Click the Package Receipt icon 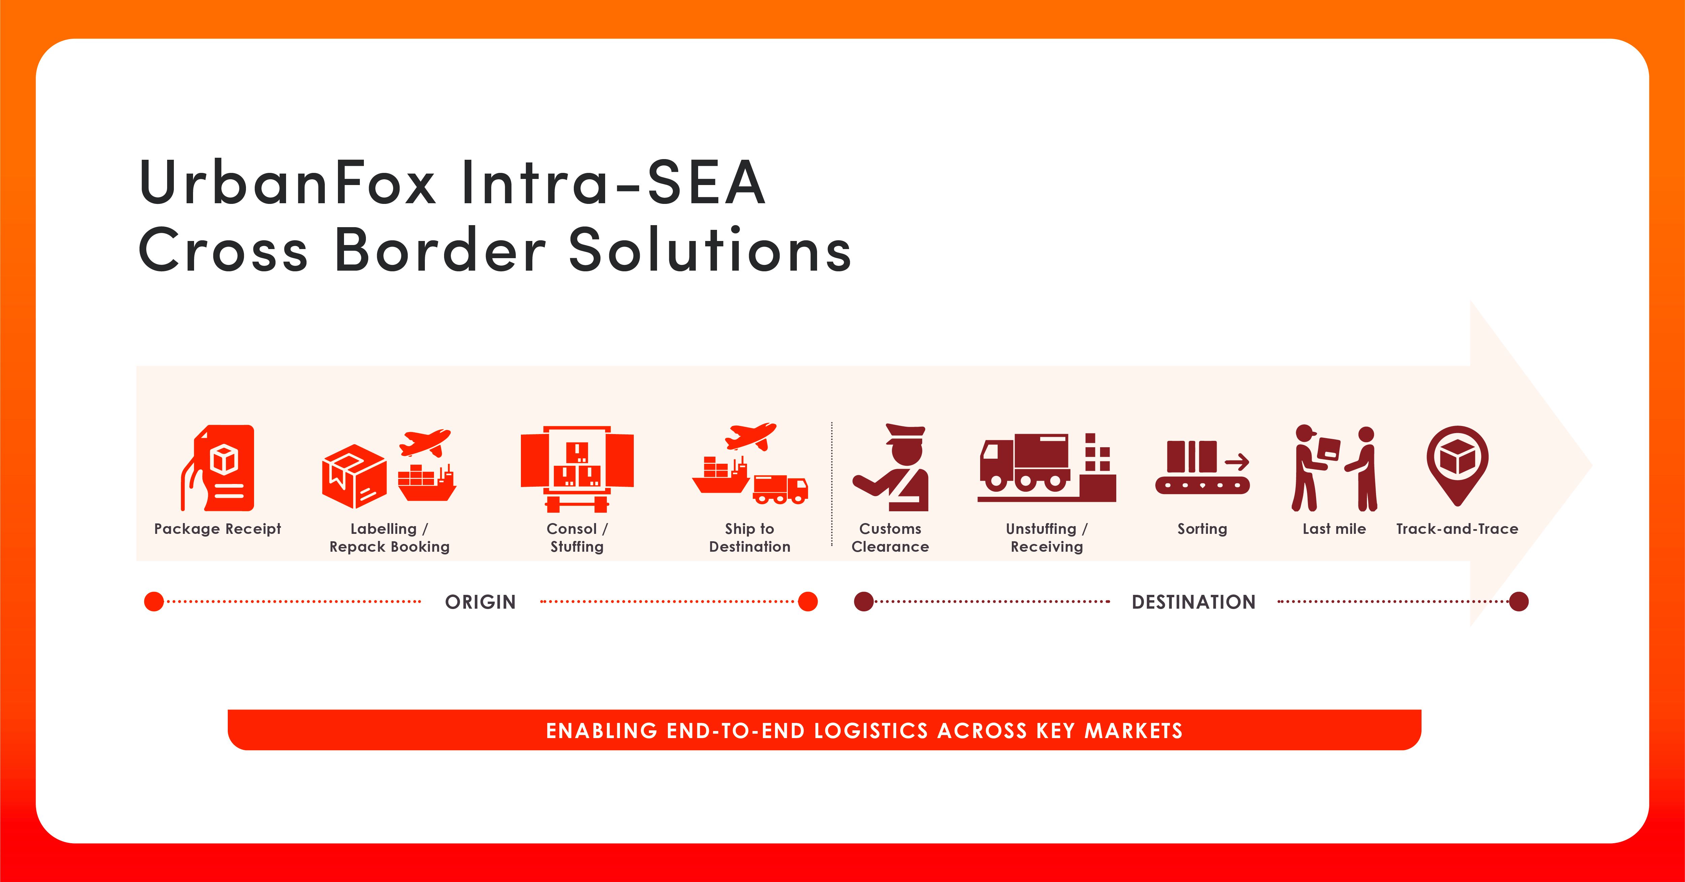coord(218,468)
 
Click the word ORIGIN coord(481,602)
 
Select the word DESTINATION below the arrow coord(1194,602)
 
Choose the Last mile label coord(1334,529)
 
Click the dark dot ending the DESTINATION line coord(1519,601)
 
